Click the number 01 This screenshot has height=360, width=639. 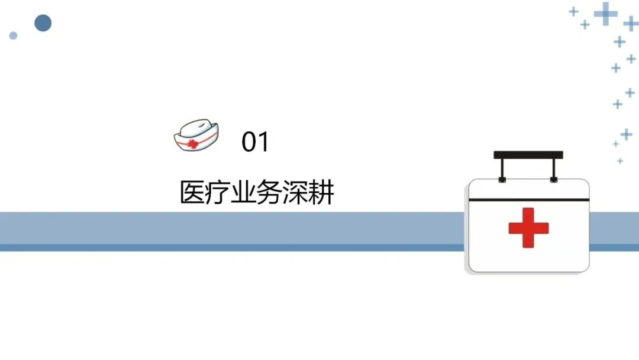point(256,142)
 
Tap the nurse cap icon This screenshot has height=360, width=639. point(196,135)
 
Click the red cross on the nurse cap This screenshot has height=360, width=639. point(192,143)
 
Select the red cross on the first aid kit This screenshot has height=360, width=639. point(528,227)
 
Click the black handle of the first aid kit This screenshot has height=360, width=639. point(528,155)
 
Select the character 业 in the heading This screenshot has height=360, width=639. point(243,193)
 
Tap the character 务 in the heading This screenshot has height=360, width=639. point(269,193)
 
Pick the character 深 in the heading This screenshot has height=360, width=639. point(295,193)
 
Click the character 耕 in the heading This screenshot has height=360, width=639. point(321,193)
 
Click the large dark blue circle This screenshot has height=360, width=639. point(43,23)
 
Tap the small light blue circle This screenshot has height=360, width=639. point(13,36)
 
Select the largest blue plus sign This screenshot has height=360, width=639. point(605,14)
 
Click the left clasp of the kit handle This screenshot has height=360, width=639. point(502,178)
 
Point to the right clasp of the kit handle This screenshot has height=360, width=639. point(554,178)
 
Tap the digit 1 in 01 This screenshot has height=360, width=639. point(263,142)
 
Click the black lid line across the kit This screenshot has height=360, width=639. point(528,200)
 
